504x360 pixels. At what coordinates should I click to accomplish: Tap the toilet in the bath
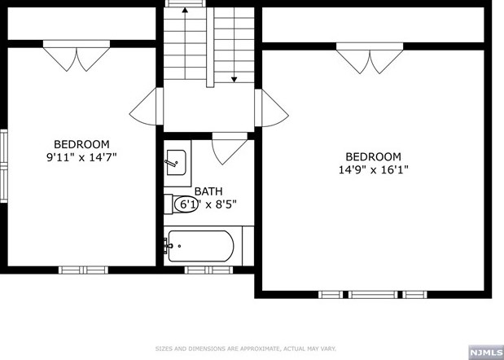pos(181,204)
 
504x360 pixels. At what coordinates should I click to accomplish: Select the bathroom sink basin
pos(176,163)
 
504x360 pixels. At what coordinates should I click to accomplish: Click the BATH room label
pos(208,191)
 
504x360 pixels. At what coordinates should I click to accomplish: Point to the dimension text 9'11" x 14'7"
pos(81,157)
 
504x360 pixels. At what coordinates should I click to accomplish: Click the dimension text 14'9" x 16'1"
pos(373,169)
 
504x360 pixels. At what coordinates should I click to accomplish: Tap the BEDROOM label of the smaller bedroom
pos(81,144)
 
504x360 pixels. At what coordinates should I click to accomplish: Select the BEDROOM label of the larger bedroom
pos(373,157)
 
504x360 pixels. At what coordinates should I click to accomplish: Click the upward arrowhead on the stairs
pos(185,10)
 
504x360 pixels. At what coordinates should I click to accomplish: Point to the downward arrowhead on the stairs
pos(234,79)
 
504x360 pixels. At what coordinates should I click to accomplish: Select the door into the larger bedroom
pos(272,108)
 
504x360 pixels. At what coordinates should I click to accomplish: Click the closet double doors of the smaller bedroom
pos(77,55)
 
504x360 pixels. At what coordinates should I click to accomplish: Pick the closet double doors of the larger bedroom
pos(370,58)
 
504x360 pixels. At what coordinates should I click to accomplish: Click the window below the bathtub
pos(208,270)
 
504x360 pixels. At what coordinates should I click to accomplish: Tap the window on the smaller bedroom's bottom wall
pos(84,270)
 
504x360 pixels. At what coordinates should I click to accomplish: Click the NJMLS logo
pos(485,353)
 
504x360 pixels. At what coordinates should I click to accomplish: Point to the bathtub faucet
pos(168,246)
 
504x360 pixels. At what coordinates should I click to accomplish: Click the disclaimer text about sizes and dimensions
pos(246,349)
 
